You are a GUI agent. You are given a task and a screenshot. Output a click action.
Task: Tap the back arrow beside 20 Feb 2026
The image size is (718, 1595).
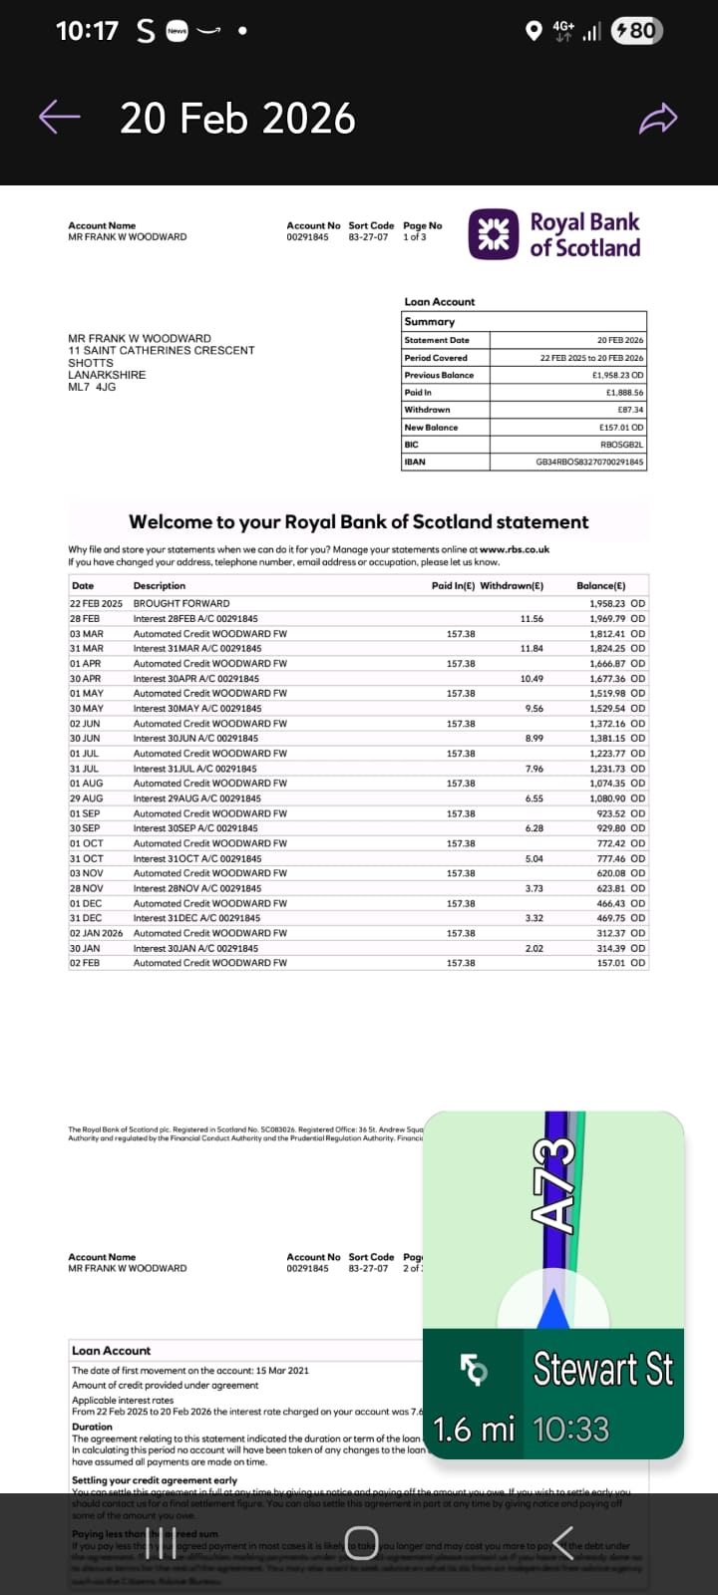(59, 117)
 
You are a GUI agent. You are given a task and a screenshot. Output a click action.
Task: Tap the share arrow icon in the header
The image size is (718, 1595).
(658, 119)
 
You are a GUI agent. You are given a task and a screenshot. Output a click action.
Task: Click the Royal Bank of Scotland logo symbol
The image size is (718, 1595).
(494, 234)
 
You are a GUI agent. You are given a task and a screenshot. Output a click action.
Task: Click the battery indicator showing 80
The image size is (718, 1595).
(635, 31)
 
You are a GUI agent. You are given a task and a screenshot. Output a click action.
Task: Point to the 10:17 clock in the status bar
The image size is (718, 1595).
(87, 31)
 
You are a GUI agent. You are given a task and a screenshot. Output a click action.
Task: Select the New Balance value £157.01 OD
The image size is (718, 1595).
(620, 427)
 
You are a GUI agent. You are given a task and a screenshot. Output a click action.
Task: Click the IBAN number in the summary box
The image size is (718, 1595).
(589, 462)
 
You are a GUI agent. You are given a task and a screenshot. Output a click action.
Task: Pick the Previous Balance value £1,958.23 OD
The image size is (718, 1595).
(617, 375)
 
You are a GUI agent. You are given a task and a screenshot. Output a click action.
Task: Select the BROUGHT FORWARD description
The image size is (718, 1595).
(181, 603)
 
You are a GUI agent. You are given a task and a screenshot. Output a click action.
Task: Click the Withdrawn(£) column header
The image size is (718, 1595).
(512, 585)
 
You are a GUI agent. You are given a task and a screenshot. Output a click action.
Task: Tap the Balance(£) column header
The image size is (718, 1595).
(600, 585)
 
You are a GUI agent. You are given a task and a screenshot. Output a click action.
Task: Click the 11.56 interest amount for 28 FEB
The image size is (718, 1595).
(532, 618)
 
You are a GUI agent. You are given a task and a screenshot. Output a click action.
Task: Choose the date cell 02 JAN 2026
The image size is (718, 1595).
(96, 933)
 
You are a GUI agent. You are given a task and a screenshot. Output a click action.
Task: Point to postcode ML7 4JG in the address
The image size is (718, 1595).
(92, 387)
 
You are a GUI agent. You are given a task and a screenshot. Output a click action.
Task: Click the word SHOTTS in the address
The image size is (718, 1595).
(91, 363)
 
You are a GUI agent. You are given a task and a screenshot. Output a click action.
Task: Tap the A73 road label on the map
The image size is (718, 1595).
(554, 1182)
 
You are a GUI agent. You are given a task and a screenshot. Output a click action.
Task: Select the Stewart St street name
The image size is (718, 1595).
(602, 1369)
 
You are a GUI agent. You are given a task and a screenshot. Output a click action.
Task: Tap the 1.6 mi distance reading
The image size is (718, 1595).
(474, 1429)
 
